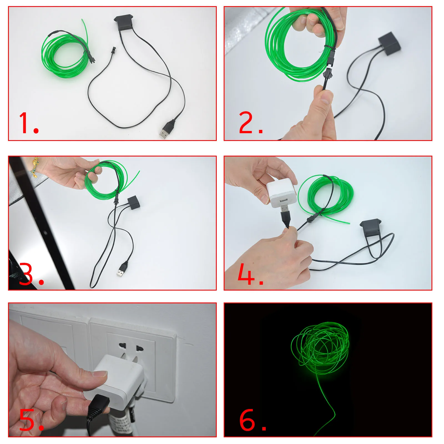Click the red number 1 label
pyautogui.click(x=29, y=123)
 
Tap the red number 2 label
pyautogui.click(x=251, y=123)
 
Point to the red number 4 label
pyautogui.click(x=251, y=274)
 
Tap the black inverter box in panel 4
pyautogui.click(x=370, y=227)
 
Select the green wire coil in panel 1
pyautogui.click(x=65, y=56)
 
